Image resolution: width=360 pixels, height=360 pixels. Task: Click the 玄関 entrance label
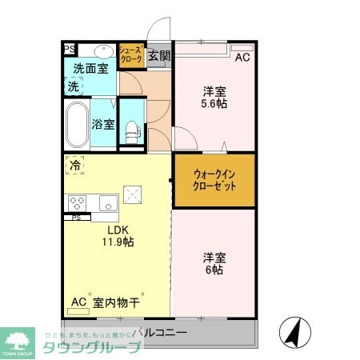tap(159, 56)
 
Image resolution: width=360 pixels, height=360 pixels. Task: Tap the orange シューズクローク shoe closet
tap(131, 55)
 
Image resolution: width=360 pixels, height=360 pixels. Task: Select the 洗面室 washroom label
tap(90, 69)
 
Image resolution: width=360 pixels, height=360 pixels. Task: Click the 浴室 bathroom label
tap(102, 125)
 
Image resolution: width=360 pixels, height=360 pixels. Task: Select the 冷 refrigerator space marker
tap(74, 166)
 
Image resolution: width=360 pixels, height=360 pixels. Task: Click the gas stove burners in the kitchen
tap(78, 202)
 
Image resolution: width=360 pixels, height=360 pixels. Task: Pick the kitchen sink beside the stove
tap(109, 202)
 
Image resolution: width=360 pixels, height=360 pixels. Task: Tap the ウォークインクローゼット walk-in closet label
tap(214, 180)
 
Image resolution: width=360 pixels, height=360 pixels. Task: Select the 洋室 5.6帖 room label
tap(213, 96)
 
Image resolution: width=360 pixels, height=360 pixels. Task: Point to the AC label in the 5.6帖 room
tap(242, 58)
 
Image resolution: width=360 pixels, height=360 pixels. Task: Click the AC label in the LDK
tap(78, 302)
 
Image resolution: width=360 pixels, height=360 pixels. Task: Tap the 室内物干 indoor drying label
tap(117, 302)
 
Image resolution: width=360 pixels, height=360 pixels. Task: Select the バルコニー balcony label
tap(159, 331)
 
